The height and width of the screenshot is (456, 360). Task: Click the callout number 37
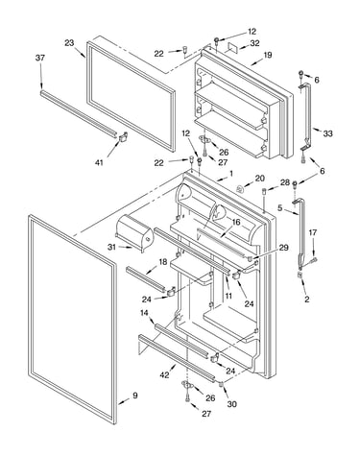[x=40, y=58]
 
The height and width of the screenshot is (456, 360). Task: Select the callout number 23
[x=69, y=42]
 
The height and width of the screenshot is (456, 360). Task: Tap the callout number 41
[x=99, y=162]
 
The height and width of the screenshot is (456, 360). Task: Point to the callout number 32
[x=254, y=43]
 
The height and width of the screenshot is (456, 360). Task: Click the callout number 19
[x=268, y=55]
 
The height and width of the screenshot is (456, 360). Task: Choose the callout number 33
[x=327, y=133]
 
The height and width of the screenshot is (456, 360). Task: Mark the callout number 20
[x=260, y=179]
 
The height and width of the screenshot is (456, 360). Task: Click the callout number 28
[x=285, y=182]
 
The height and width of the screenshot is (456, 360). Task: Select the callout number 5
[x=280, y=208]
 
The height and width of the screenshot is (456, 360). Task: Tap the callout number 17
[x=313, y=232]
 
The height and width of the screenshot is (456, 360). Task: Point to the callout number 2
[x=307, y=300]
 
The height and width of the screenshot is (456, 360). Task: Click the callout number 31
[x=111, y=247]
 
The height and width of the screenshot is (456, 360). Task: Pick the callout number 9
[x=135, y=396]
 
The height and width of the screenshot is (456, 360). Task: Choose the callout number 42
[x=165, y=375]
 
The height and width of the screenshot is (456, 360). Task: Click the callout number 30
[x=232, y=404]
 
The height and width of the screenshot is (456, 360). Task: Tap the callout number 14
[x=144, y=313]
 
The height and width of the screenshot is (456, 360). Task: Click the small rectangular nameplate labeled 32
[x=232, y=48]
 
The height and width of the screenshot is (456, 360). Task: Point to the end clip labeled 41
[x=123, y=137]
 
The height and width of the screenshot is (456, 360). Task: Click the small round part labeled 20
[x=240, y=189]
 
